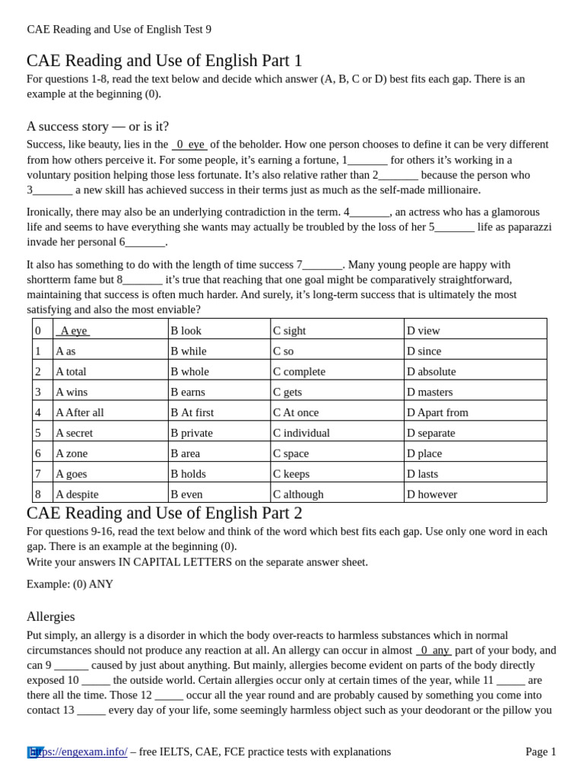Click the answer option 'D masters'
click(x=430, y=392)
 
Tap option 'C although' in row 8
click(x=298, y=494)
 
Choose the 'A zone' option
click(x=71, y=453)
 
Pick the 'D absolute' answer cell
click(x=431, y=371)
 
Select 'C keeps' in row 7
click(x=291, y=473)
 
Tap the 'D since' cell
click(x=424, y=351)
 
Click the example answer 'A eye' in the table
click(x=73, y=330)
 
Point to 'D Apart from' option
click(x=437, y=412)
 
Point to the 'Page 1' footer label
click(x=541, y=752)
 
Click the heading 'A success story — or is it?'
click(x=97, y=126)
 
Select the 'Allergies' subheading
click(x=50, y=616)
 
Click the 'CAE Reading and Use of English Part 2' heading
click(x=164, y=513)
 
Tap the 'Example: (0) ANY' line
click(x=70, y=584)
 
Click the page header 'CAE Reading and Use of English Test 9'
click(x=119, y=29)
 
